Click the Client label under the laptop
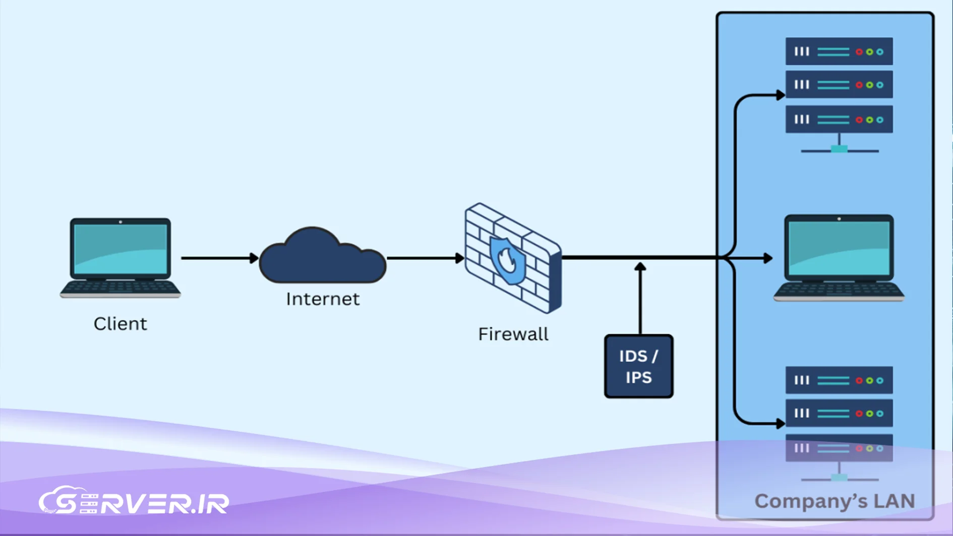[x=120, y=324]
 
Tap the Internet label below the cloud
[x=323, y=299]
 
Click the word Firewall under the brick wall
[x=513, y=334]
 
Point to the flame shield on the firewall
[x=507, y=260]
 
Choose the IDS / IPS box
[x=638, y=367]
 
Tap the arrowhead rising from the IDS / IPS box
[x=640, y=267]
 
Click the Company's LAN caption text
[x=834, y=501]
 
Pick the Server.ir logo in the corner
[x=134, y=502]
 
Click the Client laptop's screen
[x=120, y=249]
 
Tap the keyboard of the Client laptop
[x=120, y=287]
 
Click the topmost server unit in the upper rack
[x=839, y=51]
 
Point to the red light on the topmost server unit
[x=859, y=52]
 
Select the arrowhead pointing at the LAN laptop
[x=768, y=258]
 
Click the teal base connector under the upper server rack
[x=839, y=149]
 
